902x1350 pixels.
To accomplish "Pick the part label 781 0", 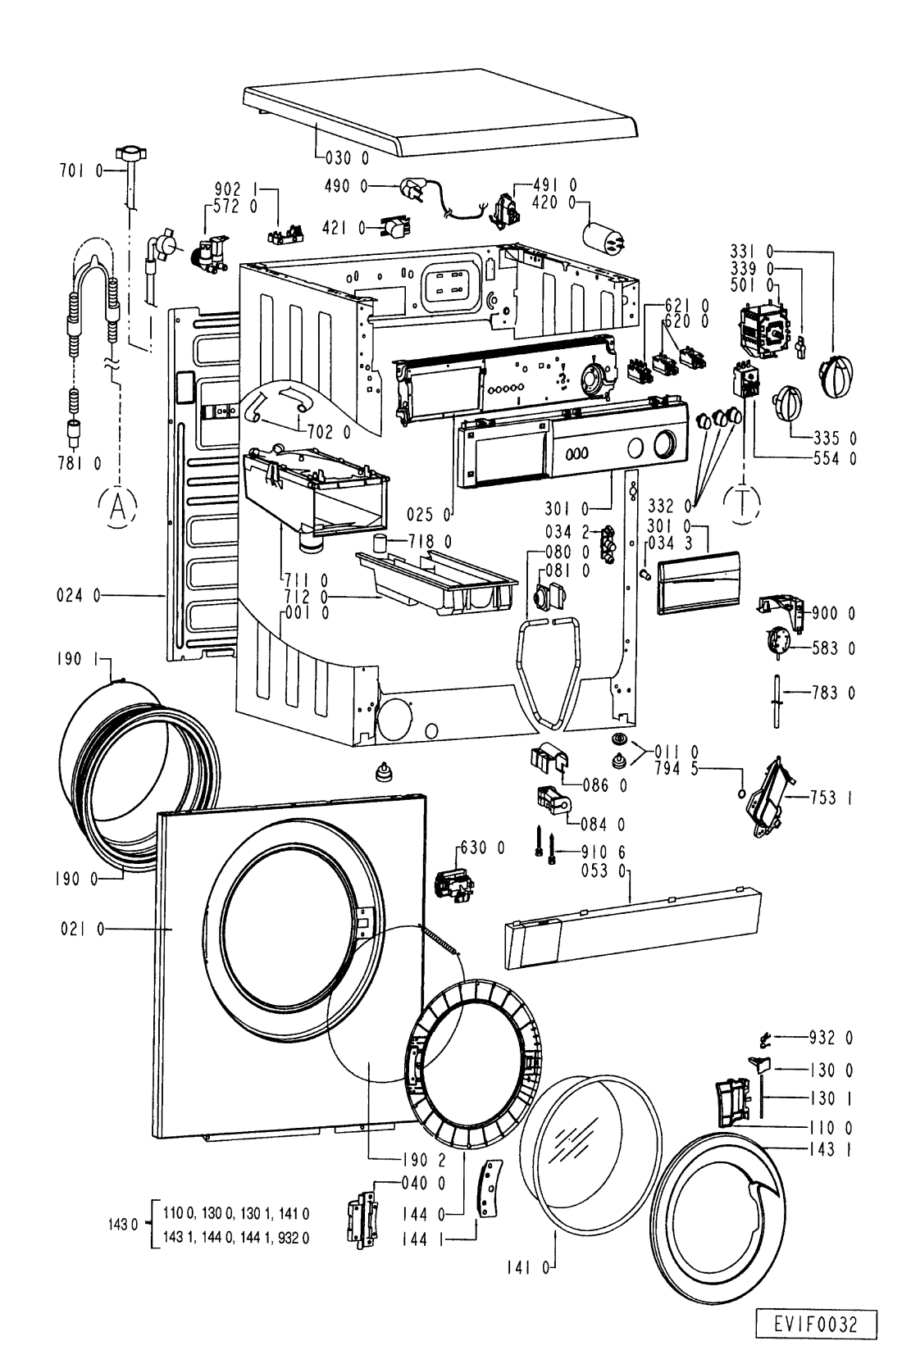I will pos(81,464).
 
